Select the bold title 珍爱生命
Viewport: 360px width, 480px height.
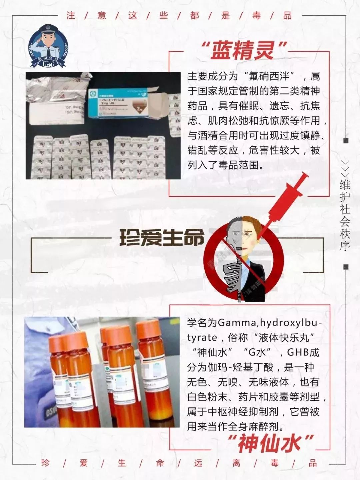click(162, 238)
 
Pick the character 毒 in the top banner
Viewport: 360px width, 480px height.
click(256, 16)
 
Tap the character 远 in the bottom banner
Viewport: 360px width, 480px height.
click(198, 463)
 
